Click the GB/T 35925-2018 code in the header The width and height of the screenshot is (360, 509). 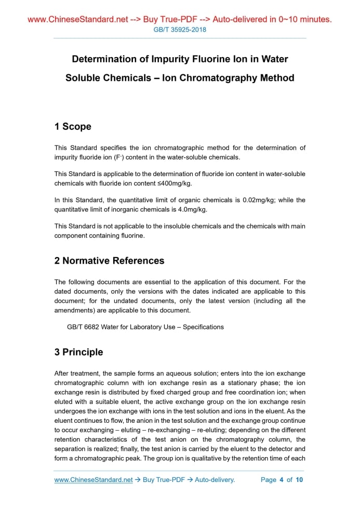coord(180,30)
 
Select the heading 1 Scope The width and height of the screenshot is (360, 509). coord(73,126)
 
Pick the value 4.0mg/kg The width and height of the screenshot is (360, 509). coord(192,210)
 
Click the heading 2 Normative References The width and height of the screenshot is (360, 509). coord(109,261)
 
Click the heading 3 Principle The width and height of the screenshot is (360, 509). coord(78,352)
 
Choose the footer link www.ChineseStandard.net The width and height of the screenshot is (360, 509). coord(94,479)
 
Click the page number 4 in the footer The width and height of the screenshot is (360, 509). coord(281,479)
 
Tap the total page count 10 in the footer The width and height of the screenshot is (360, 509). coord(299,479)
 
